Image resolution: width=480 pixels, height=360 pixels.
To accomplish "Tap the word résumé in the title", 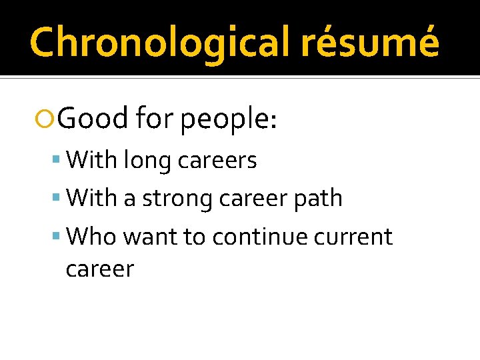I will tap(370, 42).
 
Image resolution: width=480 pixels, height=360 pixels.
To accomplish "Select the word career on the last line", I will tap(100, 269).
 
